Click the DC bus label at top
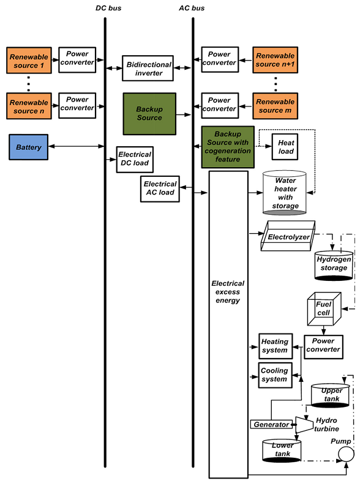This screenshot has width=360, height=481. (x=105, y=7)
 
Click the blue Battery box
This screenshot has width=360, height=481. (x=29, y=147)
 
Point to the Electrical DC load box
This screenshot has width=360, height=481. (x=134, y=159)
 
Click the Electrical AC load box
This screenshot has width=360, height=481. (x=160, y=188)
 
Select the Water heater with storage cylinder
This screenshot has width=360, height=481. (x=285, y=193)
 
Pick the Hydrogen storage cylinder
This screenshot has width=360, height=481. (x=334, y=264)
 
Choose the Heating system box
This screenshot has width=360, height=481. (x=274, y=346)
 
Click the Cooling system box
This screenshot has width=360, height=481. (x=274, y=375)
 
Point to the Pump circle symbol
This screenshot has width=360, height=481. (x=347, y=454)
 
